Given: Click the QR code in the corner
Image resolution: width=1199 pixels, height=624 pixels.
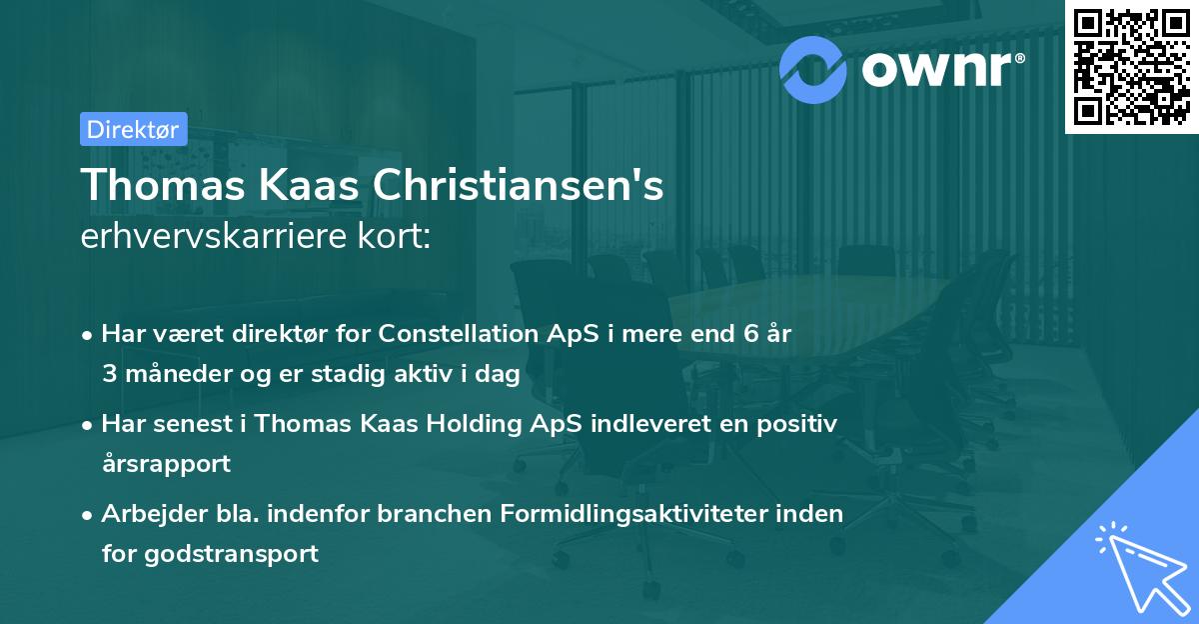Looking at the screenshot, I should [1131, 66].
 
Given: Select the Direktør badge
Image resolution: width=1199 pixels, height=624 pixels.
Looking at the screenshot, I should [133, 128].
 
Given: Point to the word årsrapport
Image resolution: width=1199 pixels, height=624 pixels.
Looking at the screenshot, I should [166, 464].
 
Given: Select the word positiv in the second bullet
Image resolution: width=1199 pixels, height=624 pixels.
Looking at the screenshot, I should [799, 424].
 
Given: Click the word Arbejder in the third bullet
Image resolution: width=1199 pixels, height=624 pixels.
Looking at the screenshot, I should [146, 513].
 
